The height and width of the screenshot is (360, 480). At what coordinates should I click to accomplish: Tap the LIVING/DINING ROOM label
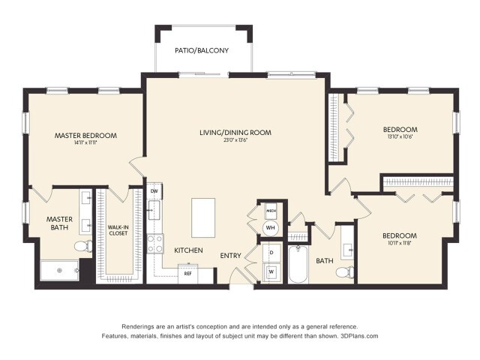coord(235,132)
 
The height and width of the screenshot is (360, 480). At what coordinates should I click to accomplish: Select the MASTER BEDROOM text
coord(85,136)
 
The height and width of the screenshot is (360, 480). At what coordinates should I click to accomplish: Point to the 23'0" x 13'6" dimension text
coord(235,140)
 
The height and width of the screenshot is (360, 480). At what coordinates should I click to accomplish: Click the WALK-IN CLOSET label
coord(118,229)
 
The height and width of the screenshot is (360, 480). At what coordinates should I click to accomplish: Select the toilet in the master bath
coord(82,245)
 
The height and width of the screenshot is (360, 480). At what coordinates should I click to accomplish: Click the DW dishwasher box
coord(154,192)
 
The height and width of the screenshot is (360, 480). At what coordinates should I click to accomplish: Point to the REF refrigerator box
coord(189,274)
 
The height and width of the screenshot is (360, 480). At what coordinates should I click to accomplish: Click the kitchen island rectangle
coord(203,217)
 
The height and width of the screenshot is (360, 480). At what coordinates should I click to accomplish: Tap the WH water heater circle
coord(270,227)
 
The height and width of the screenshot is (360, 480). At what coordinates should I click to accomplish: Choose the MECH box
coord(270,210)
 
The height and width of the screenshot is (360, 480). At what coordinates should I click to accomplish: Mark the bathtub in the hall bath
coord(298,268)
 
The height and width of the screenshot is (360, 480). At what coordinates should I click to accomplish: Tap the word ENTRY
coord(230,256)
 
